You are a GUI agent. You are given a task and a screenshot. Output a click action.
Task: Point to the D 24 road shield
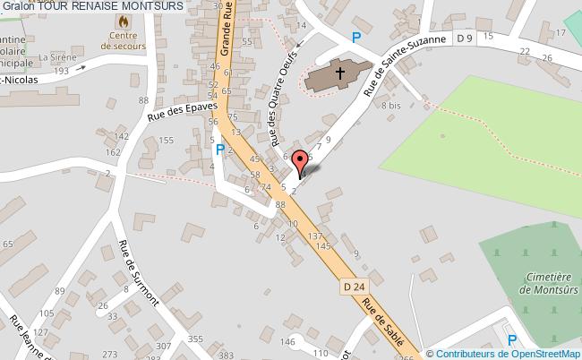click(353, 287)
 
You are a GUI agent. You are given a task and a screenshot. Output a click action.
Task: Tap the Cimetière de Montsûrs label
click(549, 284)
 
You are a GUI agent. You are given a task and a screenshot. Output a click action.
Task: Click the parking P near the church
click(356, 38)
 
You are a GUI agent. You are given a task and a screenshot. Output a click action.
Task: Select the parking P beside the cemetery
click(512, 340)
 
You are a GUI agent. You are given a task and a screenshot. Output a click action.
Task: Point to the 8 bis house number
click(390, 106)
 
